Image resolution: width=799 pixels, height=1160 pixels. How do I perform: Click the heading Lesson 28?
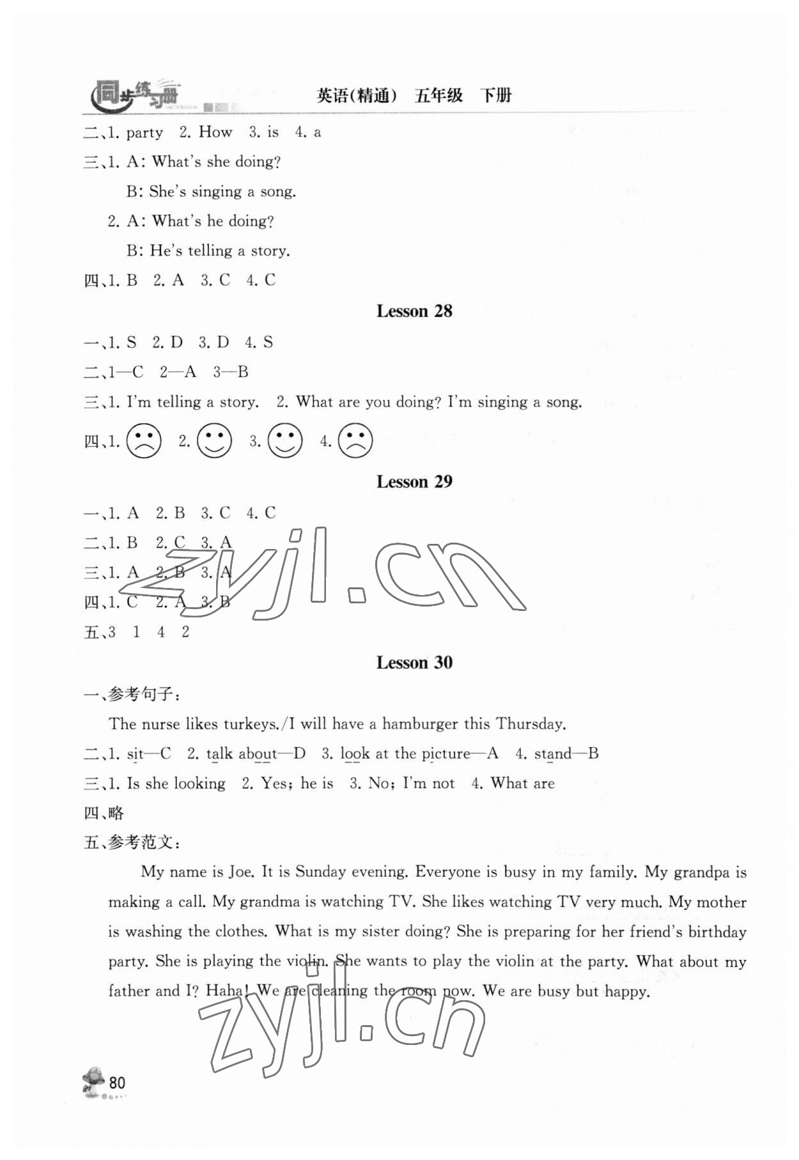tap(414, 311)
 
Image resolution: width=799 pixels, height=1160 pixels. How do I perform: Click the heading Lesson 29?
tap(414, 482)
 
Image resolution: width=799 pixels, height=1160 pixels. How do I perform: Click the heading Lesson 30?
tap(414, 663)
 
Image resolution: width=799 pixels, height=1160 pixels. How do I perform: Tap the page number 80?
tap(117, 1083)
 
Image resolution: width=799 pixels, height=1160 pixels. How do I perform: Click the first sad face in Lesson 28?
tap(144, 441)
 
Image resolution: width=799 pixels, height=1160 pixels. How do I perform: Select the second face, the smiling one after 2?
tap(214, 441)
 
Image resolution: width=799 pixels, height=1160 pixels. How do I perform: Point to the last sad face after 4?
tap(355, 441)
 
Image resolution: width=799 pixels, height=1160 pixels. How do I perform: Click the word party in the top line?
tap(144, 133)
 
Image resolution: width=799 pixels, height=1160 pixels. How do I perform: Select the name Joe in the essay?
tap(243, 872)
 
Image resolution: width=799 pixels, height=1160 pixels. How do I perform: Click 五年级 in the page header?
tap(438, 96)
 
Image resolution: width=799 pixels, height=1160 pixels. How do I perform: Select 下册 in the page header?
tap(496, 96)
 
